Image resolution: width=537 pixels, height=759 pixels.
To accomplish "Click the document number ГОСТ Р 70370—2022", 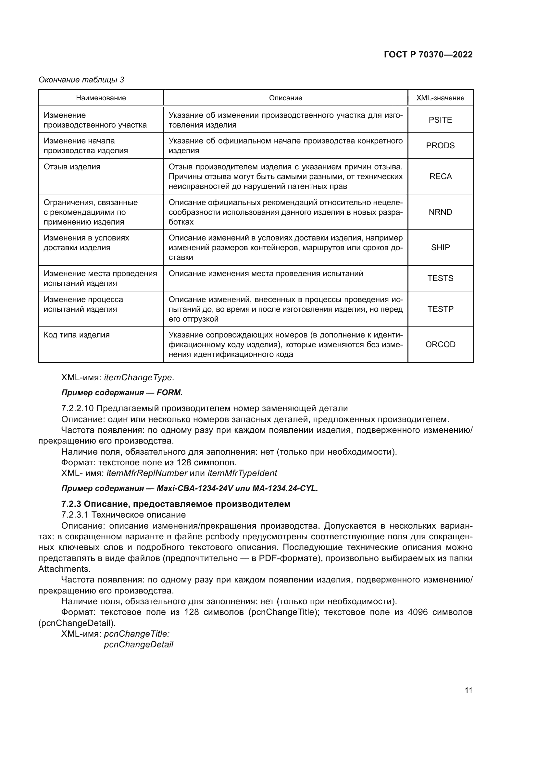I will click(x=428, y=55).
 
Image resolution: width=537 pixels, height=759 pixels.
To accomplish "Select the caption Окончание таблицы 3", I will click(x=81, y=80).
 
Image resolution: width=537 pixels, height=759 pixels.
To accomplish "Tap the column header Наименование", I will click(x=101, y=98).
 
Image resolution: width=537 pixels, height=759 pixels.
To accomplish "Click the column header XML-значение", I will click(x=440, y=98).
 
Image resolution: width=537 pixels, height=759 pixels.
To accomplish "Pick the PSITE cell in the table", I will click(x=440, y=120).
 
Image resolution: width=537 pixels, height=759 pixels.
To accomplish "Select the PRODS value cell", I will click(x=440, y=146).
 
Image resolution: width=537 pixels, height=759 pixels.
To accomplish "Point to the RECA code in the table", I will click(x=440, y=177).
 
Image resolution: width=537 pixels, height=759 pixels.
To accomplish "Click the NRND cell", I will click(x=440, y=212).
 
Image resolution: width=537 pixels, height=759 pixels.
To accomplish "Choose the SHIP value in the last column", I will click(x=440, y=248).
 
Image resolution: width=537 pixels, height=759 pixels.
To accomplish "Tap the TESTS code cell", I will click(x=440, y=278).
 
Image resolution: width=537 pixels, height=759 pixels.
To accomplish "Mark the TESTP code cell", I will click(x=440, y=309).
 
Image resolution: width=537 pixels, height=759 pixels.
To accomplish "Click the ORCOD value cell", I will click(x=440, y=345).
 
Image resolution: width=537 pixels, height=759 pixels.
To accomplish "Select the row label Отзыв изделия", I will click(x=72, y=167).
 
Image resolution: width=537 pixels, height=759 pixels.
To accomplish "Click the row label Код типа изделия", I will click(x=77, y=335).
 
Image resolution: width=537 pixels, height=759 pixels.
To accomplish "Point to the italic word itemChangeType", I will click(x=139, y=377).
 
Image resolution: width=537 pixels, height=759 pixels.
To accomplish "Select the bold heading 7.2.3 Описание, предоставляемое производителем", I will click(x=176, y=504).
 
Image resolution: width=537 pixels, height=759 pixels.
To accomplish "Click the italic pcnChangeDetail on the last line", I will click(x=139, y=645).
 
